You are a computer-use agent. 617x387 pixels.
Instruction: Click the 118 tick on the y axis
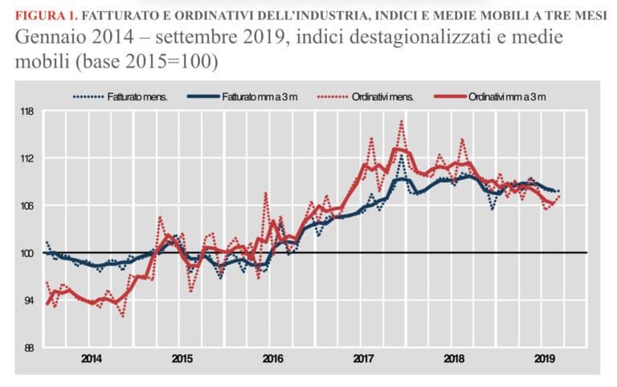(x=27, y=111)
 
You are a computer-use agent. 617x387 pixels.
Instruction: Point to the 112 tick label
(x=27, y=158)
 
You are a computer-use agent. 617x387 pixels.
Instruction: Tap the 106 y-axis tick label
(x=27, y=206)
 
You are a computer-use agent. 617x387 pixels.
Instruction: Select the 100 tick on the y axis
(x=27, y=253)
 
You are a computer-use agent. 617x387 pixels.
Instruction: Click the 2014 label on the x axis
(x=92, y=358)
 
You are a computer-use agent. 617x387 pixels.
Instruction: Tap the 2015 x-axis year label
(x=182, y=358)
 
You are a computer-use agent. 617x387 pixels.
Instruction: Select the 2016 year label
(x=273, y=358)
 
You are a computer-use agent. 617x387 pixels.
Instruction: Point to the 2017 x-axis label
(x=364, y=358)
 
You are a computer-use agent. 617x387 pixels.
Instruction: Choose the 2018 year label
(x=455, y=358)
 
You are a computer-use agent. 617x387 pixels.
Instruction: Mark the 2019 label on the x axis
(x=545, y=358)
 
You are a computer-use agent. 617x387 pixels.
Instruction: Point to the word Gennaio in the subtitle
(x=46, y=38)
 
